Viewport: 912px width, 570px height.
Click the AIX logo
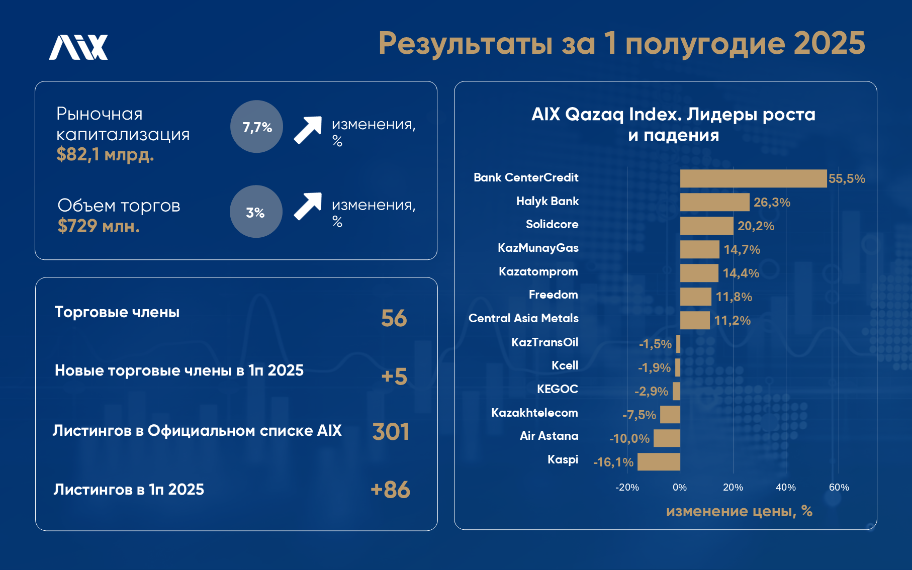tap(78, 47)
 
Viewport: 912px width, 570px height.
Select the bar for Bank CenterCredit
tap(753, 178)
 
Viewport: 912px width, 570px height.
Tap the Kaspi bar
tap(659, 461)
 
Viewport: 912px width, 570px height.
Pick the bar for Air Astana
tap(667, 438)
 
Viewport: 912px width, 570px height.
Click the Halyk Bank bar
tap(714, 202)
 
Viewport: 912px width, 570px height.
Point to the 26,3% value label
tap(772, 203)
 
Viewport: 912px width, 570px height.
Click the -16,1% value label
tap(613, 462)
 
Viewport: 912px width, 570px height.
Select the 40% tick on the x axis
tap(786, 487)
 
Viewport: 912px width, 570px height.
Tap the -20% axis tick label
tap(627, 487)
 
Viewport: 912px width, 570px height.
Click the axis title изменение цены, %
tap(739, 511)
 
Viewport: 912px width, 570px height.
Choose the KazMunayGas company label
tap(538, 248)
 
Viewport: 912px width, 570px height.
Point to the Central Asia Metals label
tap(523, 318)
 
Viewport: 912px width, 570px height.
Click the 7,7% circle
tap(256, 127)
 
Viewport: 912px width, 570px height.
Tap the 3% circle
tap(256, 212)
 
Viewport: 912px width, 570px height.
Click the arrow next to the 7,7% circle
tap(308, 130)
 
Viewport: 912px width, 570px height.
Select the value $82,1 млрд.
tap(105, 154)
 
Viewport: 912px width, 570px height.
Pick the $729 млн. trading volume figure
tap(99, 226)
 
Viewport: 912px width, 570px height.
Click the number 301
tap(391, 432)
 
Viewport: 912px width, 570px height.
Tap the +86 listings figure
tap(390, 490)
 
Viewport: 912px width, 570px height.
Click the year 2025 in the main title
tap(830, 43)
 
